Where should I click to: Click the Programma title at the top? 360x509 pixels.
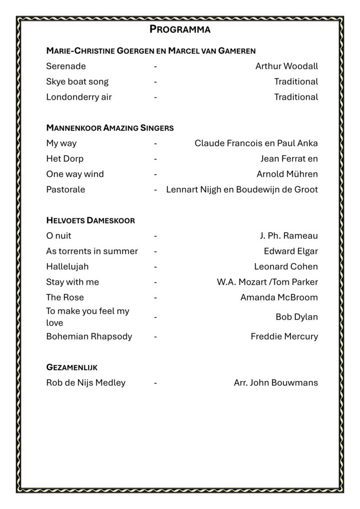180,29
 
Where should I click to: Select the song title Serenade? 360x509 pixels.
66,66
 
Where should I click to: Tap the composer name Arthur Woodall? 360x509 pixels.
286,66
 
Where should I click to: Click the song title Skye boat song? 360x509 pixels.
77,82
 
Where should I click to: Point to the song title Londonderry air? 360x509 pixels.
79,97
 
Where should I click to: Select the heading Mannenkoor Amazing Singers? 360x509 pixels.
110,128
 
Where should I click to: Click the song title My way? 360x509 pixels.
61,143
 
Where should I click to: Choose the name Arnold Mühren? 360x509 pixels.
287,174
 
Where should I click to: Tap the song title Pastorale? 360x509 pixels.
66,189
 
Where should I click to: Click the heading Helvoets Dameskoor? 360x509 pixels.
90,220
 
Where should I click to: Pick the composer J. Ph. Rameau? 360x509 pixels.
289,236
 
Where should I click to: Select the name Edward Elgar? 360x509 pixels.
291,251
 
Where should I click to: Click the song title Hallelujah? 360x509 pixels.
68,266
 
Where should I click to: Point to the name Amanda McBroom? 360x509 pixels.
279,297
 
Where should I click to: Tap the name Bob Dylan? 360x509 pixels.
297,317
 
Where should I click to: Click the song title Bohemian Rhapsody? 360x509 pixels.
89,337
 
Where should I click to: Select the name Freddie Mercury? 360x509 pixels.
284,337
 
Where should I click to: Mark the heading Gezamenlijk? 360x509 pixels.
72,367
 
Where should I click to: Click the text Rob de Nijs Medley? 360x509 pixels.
86,383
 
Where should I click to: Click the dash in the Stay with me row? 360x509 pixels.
156,282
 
